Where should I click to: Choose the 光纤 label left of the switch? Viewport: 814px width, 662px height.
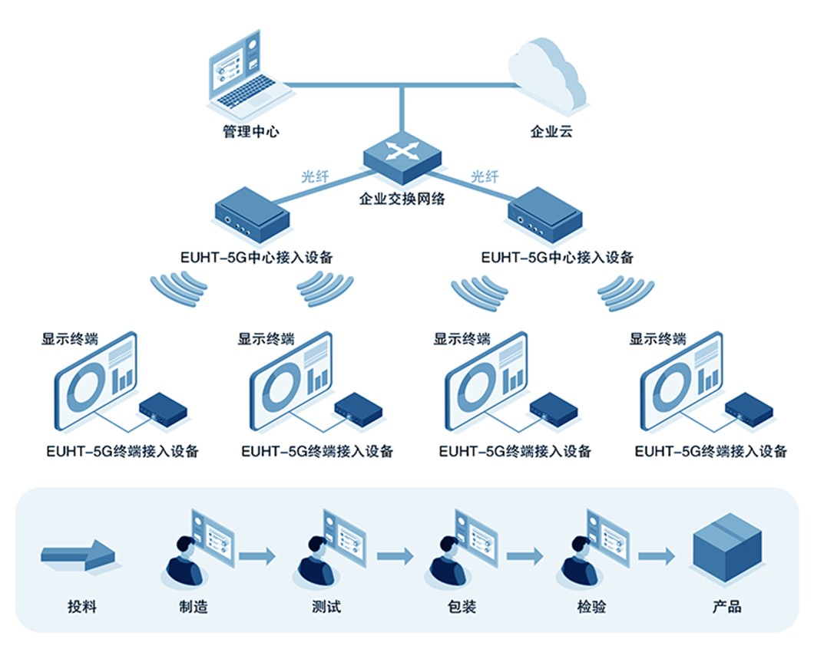coord(315,176)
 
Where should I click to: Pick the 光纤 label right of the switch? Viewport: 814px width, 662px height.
coord(484,176)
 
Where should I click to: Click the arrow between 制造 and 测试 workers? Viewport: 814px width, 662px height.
coord(257,555)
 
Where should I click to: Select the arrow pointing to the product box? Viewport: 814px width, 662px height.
coord(657,555)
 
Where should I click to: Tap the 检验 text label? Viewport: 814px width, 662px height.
coord(591,607)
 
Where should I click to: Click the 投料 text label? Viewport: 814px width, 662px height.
coord(82,607)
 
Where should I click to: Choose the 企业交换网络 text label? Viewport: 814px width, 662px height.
coord(402,199)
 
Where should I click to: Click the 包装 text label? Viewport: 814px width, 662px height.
coord(462,607)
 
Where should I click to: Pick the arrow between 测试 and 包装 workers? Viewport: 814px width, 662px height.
coord(395,555)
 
